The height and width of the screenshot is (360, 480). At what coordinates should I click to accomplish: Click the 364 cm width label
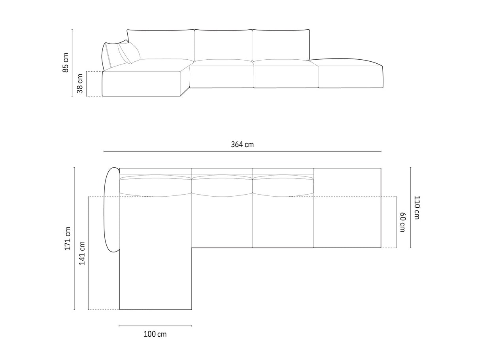click(242, 144)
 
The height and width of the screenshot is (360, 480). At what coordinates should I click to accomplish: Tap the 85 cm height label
click(65, 63)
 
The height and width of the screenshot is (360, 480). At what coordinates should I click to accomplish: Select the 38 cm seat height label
click(80, 83)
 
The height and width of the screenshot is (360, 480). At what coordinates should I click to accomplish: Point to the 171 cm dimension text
click(68, 239)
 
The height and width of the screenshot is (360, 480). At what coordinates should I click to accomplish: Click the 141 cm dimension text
click(82, 253)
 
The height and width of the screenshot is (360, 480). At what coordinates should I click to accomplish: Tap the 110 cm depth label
click(417, 208)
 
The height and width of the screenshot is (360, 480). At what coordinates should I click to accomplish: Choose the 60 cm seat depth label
click(403, 222)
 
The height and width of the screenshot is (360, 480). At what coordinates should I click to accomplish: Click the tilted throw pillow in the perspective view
click(129, 53)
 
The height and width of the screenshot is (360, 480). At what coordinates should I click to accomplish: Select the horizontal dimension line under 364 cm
click(242, 152)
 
